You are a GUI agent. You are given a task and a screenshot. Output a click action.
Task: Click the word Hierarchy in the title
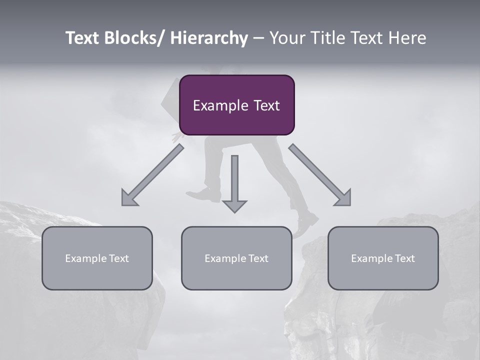click(209, 38)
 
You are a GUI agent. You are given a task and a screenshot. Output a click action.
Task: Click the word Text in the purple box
click(266, 105)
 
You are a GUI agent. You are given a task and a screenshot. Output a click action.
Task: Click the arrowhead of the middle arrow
click(234, 206)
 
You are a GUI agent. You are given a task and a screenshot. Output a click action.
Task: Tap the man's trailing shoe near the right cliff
click(305, 223)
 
